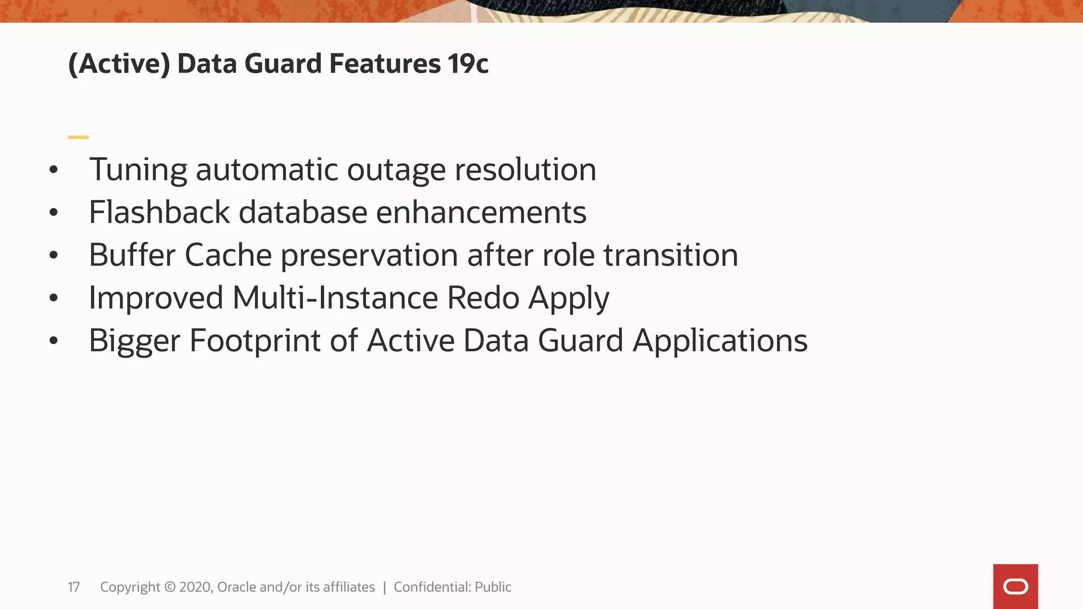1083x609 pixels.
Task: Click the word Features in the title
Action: [x=385, y=64]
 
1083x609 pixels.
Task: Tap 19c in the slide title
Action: [x=468, y=64]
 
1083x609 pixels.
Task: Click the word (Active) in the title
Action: [x=120, y=64]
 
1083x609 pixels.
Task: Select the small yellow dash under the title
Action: [x=78, y=137]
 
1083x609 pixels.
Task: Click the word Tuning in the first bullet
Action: [x=138, y=171]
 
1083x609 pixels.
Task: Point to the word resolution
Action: [x=525, y=170]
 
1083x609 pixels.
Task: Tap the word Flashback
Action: [x=159, y=213]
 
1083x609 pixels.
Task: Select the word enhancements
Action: [x=481, y=213]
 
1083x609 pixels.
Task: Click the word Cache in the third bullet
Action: [x=228, y=255]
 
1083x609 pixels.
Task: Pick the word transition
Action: [x=671, y=255]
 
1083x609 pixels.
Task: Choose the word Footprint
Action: [x=255, y=340]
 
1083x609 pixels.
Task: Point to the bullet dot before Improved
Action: [x=53, y=298]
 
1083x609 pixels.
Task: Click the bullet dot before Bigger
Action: [x=53, y=341]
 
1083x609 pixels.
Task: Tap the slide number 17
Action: [x=74, y=587]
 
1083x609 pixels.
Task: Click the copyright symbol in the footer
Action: [x=170, y=587]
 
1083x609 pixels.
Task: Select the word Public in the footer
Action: [x=493, y=587]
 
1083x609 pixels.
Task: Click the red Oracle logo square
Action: [x=1015, y=586]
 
